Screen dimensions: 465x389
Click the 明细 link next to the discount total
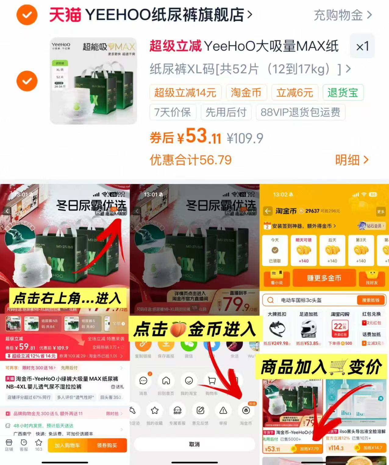352,160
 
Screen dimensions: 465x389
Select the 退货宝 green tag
343,92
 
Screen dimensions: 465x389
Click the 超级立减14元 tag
185,92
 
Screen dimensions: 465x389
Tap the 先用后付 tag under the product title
226,112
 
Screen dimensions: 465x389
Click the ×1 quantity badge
362,46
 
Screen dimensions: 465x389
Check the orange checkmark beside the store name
27,15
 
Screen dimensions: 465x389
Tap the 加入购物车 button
67,445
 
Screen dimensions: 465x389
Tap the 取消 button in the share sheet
194,444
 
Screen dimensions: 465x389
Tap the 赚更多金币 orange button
324,278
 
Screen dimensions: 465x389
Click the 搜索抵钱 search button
370,300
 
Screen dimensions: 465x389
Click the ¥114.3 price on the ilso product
336,448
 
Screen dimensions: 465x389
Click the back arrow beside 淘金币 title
268,211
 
